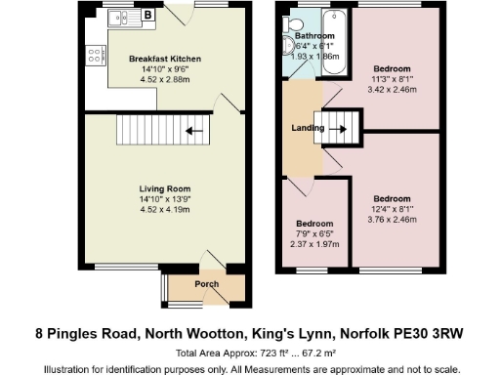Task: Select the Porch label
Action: pos(206,285)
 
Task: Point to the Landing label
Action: pos(308,128)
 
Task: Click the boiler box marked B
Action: pos(146,15)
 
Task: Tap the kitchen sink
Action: pos(119,16)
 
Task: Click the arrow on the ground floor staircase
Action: pos(193,129)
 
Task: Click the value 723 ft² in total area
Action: pos(261,353)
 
